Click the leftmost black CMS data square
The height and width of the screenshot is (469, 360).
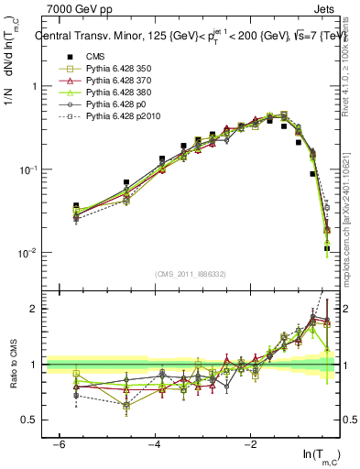point(76,206)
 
